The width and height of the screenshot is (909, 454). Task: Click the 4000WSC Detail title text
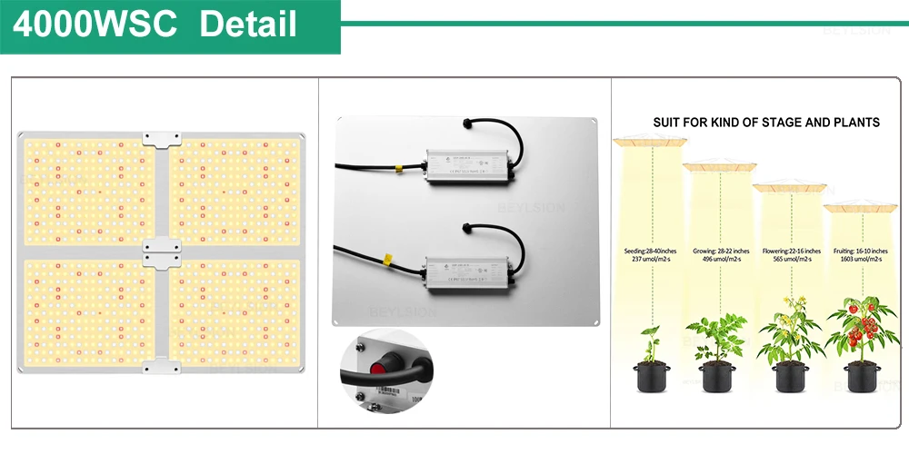coord(155,25)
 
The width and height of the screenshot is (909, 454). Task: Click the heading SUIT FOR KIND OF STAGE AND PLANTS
coord(766,122)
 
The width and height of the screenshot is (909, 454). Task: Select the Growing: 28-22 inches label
coord(720,251)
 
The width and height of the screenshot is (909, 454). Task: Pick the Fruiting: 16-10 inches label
coord(858,251)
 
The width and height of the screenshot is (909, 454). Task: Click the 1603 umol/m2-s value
coord(858,260)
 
